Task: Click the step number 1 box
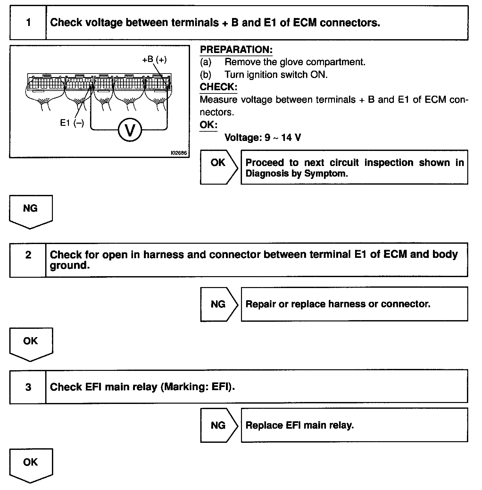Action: pyautogui.click(x=28, y=22)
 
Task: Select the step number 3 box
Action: pyautogui.click(x=28, y=387)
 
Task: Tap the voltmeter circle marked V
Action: pyautogui.click(x=129, y=130)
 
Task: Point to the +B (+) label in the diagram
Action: pyautogui.click(x=154, y=59)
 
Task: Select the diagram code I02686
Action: pyautogui.click(x=179, y=153)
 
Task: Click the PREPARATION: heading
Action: pyautogui.click(x=236, y=49)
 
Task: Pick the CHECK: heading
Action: pyautogui.click(x=218, y=87)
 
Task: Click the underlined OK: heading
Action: pyautogui.click(x=208, y=125)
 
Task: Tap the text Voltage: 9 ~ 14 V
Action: pyautogui.click(x=263, y=137)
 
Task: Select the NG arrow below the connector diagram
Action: pyautogui.click(x=31, y=211)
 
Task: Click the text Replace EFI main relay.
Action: pyautogui.click(x=299, y=425)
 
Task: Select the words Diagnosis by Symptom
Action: pyautogui.click(x=296, y=174)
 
